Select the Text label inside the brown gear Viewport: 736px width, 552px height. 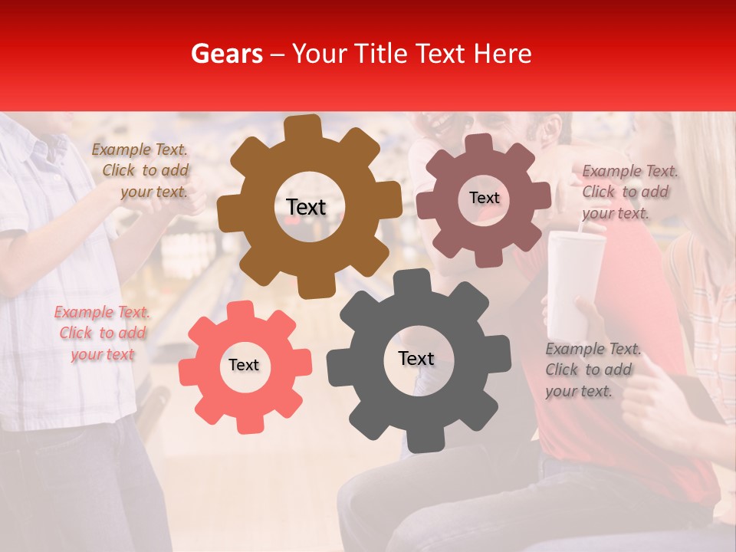click(x=306, y=207)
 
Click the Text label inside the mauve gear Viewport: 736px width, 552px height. click(x=484, y=198)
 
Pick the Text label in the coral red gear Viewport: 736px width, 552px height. click(x=244, y=365)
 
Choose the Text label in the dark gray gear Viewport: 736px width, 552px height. click(x=416, y=358)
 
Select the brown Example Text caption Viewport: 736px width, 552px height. click(x=140, y=171)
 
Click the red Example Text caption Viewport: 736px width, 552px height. click(x=102, y=333)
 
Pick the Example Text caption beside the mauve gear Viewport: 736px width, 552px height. click(x=629, y=192)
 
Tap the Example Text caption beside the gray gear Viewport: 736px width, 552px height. click(x=593, y=370)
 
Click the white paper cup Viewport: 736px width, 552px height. click(x=573, y=284)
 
